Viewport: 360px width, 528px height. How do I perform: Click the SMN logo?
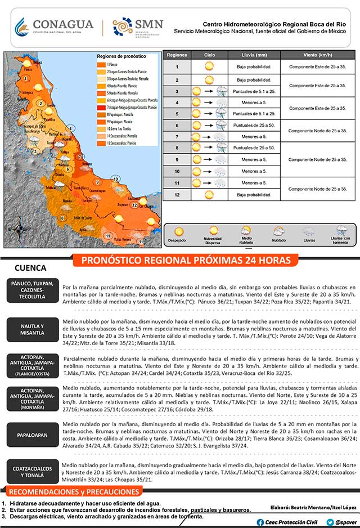138,26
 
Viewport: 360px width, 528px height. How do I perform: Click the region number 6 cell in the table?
177,126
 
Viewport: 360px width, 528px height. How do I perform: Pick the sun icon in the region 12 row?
209,195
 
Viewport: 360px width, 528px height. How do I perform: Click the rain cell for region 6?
254,126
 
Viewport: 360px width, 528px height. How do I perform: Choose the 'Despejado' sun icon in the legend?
179,231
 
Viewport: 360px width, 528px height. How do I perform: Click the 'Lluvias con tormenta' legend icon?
340,230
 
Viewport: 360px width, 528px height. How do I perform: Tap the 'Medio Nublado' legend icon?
246,230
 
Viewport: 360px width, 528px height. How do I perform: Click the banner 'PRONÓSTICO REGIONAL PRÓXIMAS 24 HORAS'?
186,260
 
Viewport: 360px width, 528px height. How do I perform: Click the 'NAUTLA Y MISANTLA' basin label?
34,330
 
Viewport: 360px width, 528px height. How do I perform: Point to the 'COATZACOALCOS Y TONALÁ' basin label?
34,472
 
